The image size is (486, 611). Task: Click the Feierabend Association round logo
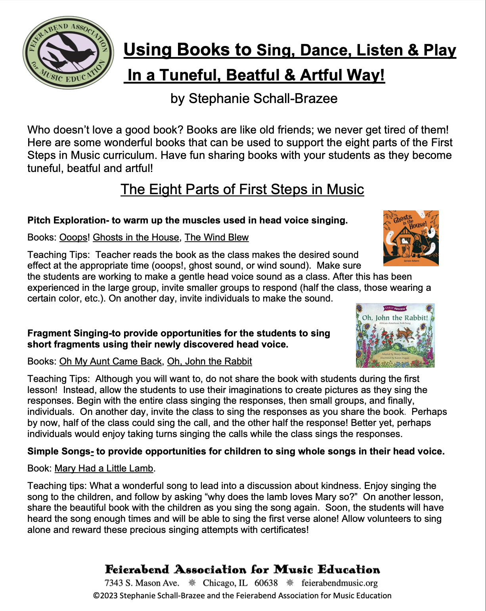pyautogui.click(x=68, y=52)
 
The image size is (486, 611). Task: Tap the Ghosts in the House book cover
pyautogui.click(x=411, y=238)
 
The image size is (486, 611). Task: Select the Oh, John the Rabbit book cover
pyautogui.click(x=395, y=335)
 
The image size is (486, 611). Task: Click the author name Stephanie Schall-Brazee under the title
pyautogui.click(x=254, y=98)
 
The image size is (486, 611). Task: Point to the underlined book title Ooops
pyautogui.click(x=73, y=237)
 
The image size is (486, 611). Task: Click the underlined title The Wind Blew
pyautogui.click(x=216, y=237)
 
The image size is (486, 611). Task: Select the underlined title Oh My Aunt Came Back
pyautogui.click(x=110, y=361)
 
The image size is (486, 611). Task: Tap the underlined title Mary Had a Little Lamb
pyautogui.click(x=104, y=468)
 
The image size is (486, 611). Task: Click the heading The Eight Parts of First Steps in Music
pyautogui.click(x=242, y=189)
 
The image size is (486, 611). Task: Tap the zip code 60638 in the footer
pyautogui.click(x=266, y=583)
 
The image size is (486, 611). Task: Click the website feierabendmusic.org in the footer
pyautogui.click(x=339, y=583)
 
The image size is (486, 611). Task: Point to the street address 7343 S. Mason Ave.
pyautogui.click(x=142, y=583)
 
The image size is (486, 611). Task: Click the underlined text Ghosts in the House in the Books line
pyautogui.click(x=136, y=237)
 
